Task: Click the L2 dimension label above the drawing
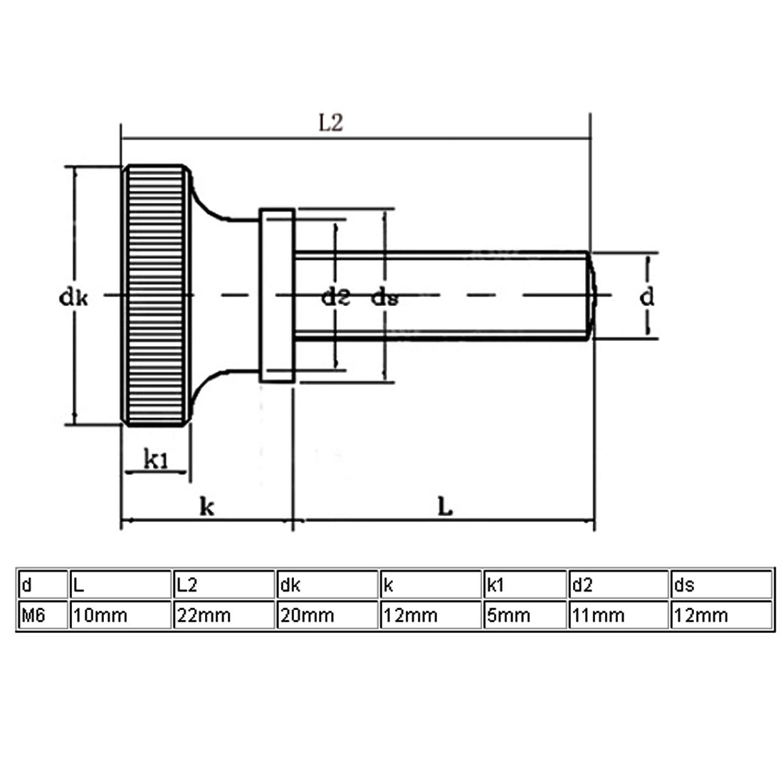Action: tap(330, 122)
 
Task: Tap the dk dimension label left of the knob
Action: tap(73, 298)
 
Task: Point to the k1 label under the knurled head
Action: tap(156, 459)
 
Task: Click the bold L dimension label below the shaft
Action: tap(445, 506)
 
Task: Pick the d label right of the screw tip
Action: tap(646, 297)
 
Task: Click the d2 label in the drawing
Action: tap(335, 298)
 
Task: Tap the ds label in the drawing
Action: tap(384, 298)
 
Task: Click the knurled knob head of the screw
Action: tap(157, 295)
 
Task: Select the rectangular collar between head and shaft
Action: tap(277, 295)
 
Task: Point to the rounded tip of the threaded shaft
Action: tap(592, 295)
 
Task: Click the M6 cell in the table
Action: tap(43, 615)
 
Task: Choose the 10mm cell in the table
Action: tap(121, 615)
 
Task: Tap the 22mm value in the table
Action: tap(204, 616)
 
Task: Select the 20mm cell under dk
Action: tap(327, 615)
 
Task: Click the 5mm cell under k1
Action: tap(525, 615)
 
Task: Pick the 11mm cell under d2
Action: tap(619, 615)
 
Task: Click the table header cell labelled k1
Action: tap(525, 584)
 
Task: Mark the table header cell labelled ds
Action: tap(722, 584)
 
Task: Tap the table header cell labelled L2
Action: tap(224, 584)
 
